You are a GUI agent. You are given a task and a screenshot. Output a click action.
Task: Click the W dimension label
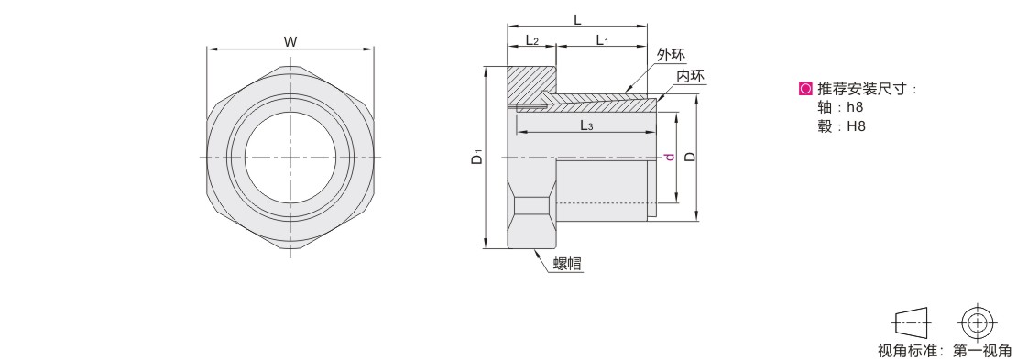pos(290,42)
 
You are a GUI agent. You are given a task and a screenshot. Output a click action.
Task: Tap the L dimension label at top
pos(577,20)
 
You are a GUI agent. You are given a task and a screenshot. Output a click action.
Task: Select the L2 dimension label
pos(532,40)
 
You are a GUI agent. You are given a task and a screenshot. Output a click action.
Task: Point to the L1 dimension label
pos(602,40)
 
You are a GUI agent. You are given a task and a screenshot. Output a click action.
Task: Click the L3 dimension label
pos(586,125)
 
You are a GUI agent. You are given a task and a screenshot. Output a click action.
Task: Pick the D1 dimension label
pos(477,157)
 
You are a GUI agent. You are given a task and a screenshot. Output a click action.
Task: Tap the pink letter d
pos(670,157)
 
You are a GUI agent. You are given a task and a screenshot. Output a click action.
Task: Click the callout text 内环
pos(690,76)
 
